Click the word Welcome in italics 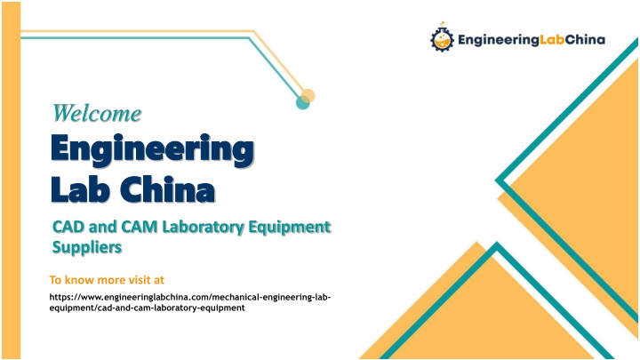(x=97, y=113)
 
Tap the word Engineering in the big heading (x=152, y=150)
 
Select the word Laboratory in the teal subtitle (x=203, y=228)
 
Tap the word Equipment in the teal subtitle (x=290, y=228)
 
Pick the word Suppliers (x=87, y=248)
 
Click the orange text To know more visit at (x=107, y=280)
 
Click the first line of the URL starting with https (x=190, y=297)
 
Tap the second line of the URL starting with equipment (x=147, y=308)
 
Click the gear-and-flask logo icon (x=442, y=37)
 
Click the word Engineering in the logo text (x=499, y=40)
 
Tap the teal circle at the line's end (x=302, y=102)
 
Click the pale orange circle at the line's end (x=308, y=96)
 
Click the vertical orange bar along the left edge (x=11, y=180)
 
